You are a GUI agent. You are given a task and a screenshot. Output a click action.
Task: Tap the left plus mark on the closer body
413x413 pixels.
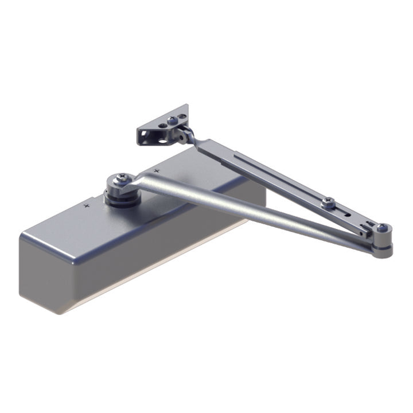tap(87, 204)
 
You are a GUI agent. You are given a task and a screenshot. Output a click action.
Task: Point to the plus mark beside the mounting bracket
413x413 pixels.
tap(156, 170)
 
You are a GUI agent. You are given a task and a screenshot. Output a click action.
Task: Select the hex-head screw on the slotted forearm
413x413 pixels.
tap(328, 201)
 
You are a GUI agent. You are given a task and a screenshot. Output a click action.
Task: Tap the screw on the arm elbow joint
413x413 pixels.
tap(382, 229)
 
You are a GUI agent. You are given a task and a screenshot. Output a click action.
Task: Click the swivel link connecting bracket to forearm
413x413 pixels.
tap(185, 135)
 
